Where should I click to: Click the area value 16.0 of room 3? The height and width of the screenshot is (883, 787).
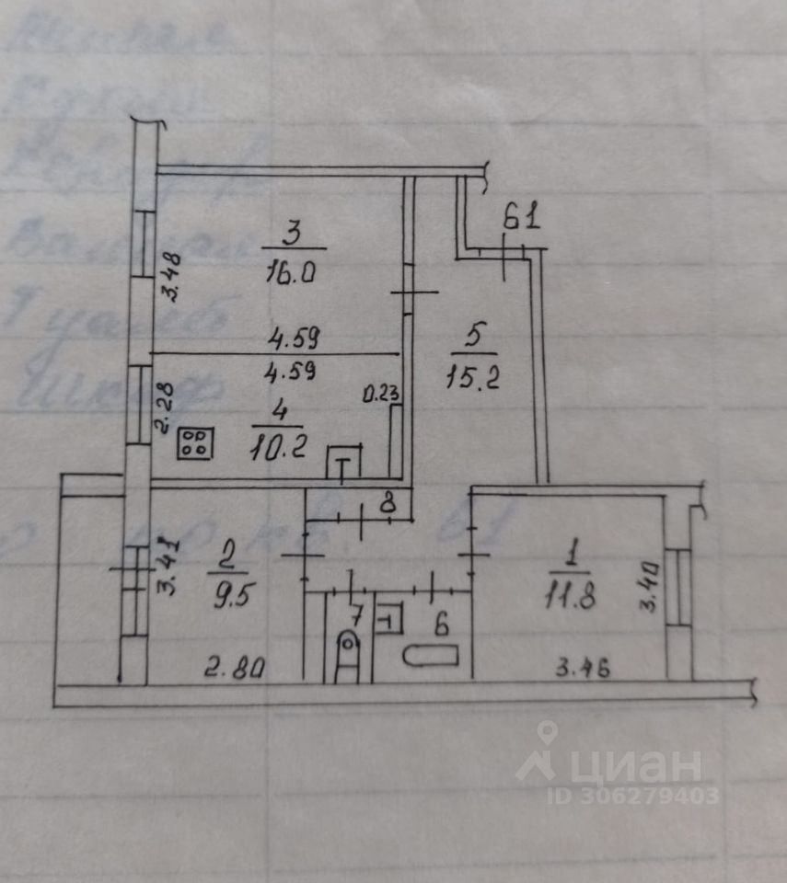[x=292, y=273]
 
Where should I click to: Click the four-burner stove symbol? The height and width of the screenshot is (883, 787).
[x=197, y=443]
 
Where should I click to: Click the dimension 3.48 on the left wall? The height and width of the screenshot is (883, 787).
[x=169, y=277]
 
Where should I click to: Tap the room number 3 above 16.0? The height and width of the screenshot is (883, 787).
[x=291, y=235]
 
